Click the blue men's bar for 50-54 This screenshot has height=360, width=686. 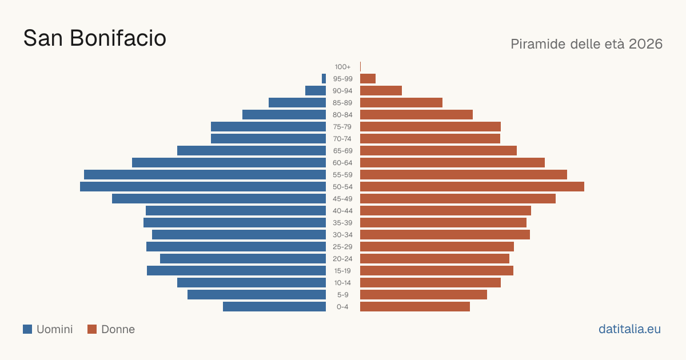(203, 187)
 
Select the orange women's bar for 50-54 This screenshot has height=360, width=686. (472, 187)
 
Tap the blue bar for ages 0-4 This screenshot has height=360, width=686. (274, 307)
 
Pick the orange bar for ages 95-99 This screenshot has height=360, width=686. (368, 79)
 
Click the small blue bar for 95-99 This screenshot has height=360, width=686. (324, 79)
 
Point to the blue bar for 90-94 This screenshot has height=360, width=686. (316, 91)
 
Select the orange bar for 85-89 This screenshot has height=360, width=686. (401, 102)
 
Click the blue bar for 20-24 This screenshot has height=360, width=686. (243, 259)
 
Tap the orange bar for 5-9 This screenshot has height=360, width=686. (424, 295)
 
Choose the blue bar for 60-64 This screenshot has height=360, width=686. (229, 162)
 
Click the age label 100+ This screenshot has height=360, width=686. (342, 67)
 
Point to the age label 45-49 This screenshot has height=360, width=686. (342, 199)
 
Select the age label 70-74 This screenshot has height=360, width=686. (342, 139)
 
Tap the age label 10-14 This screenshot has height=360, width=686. (342, 283)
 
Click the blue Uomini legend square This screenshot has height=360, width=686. (27, 329)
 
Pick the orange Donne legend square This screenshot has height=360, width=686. (92, 329)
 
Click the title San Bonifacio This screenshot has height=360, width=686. (95, 38)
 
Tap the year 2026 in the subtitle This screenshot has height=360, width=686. (646, 44)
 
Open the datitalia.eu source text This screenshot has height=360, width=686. (629, 329)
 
